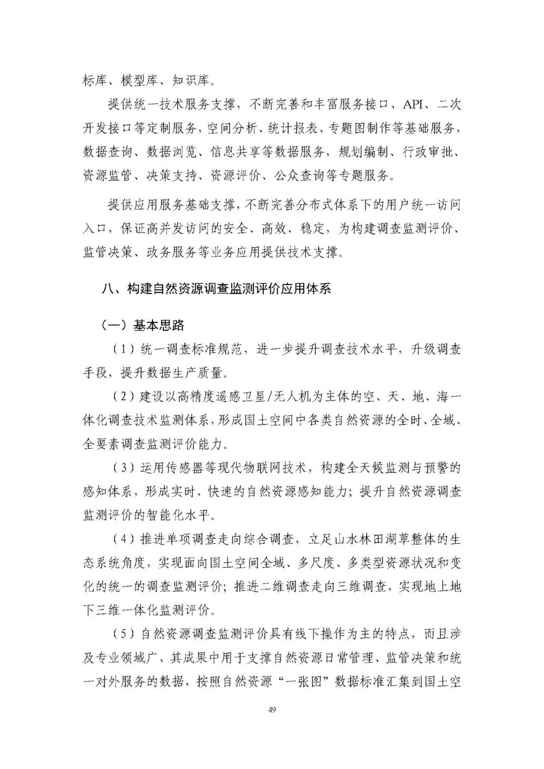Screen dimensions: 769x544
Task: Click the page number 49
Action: tap(272, 710)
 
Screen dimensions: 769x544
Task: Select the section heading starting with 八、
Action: tap(216, 289)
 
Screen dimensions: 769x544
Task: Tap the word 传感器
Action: tap(183, 468)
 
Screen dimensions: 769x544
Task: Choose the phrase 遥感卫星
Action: tap(246, 397)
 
